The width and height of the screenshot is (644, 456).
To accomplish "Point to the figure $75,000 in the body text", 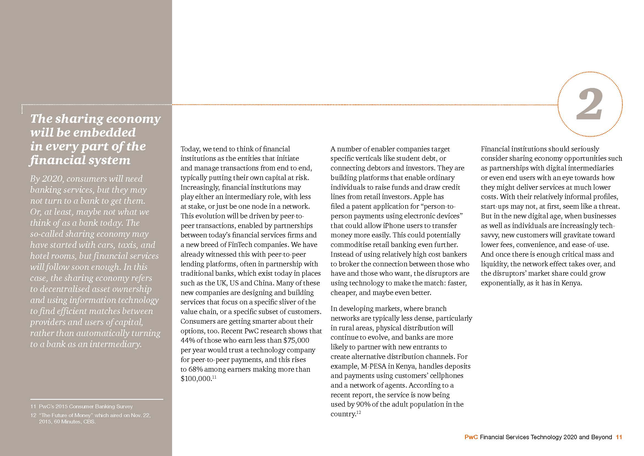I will click(296, 340).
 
